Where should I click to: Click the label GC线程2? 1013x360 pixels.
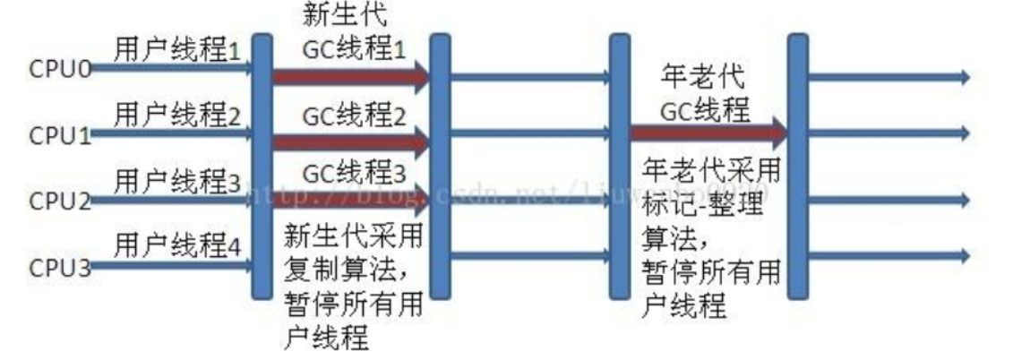pyautogui.click(x=354, y=116)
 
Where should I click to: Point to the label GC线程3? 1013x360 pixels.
pyautogui.click(x=354, y=173)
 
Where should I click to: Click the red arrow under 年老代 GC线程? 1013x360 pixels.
pyautogui.click(x=708, y=133)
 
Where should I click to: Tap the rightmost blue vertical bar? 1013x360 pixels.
pyautogui.click(x=796, y=166)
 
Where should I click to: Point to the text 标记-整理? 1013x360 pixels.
pyautogui.click(x=691, y=198)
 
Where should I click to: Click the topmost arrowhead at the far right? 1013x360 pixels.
pyautogui.click(x=965, y=78)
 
